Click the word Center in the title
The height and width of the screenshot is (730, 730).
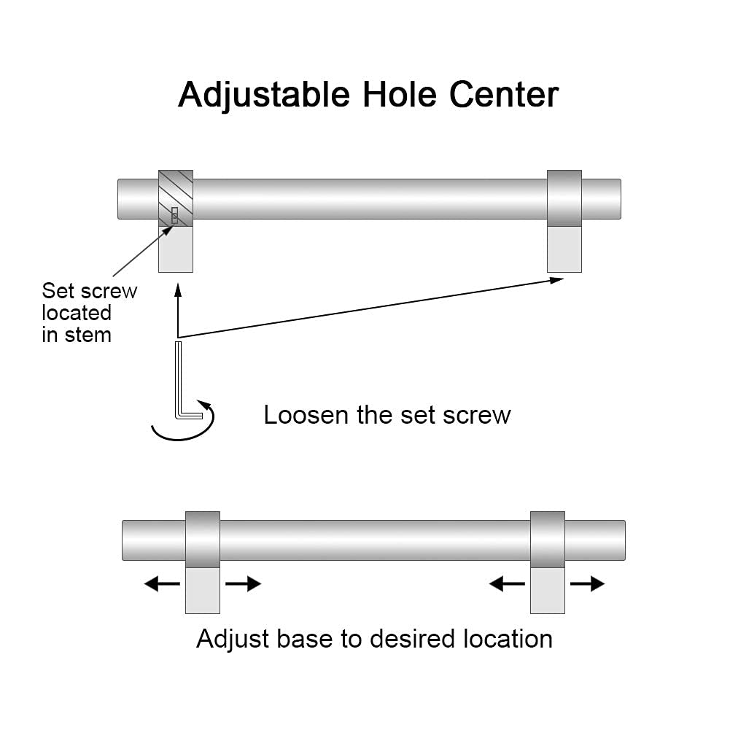tap(503, 95)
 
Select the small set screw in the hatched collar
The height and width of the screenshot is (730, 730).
tap(174, 216)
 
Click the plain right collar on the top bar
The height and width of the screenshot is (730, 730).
tap(564, 198)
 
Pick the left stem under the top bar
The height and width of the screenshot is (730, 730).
tap(176, 249)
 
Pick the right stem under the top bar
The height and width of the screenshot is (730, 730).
tap(564, 249)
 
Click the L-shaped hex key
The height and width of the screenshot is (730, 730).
tap(181, 383)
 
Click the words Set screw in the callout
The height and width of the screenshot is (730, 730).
tap(89, 290)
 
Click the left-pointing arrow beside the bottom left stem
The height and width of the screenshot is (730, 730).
tap(162, 583)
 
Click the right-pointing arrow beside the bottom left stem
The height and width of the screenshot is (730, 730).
tap(243, 583)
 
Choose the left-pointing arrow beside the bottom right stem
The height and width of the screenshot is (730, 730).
tap(507, 583)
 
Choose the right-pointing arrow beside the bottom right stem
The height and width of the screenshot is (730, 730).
tap(587, 583)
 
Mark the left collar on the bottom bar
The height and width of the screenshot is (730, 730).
tap(203, 540)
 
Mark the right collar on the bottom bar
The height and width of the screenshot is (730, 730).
tap(547, 540)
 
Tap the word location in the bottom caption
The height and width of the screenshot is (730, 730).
tap(508, 639)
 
